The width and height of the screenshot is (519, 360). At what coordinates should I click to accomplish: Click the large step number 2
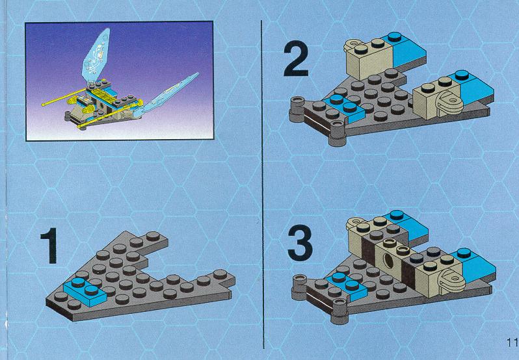(296, 58)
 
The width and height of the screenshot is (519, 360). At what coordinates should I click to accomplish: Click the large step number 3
(300, 243)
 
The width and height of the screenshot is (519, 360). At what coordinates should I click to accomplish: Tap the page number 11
(512, 342)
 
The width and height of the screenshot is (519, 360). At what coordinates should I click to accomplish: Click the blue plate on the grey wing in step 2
(343, 107)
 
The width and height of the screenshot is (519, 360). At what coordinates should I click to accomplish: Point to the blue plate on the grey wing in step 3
(347, 287)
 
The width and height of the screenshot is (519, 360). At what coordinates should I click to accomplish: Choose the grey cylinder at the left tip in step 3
(300, 287)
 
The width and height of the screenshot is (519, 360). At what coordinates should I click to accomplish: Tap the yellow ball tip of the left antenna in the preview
(44, 105)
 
